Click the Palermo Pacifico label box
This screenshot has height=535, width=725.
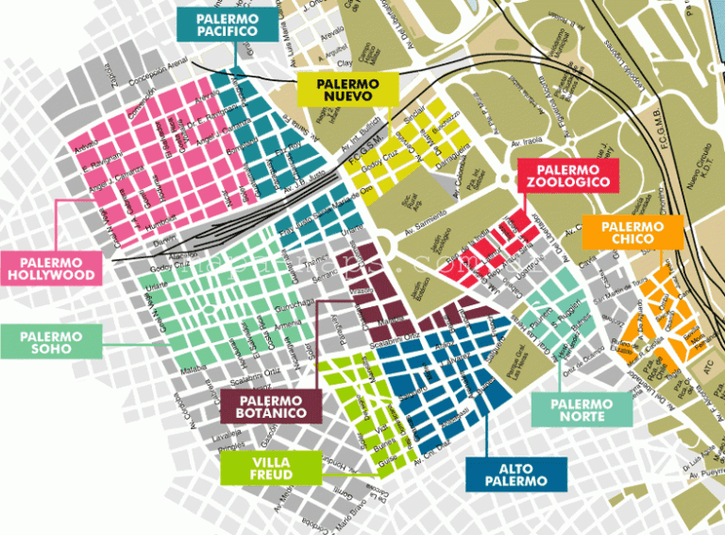click(x=228, y=24)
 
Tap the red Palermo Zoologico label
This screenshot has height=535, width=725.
click(x=568, y=174)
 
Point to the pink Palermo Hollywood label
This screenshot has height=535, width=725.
click(x=51, y=268)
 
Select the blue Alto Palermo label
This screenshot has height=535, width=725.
click(x=516, y=474)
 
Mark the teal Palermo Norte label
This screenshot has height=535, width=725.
click(x=582, y=409)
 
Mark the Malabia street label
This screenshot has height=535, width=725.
click(x=194, y=361)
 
